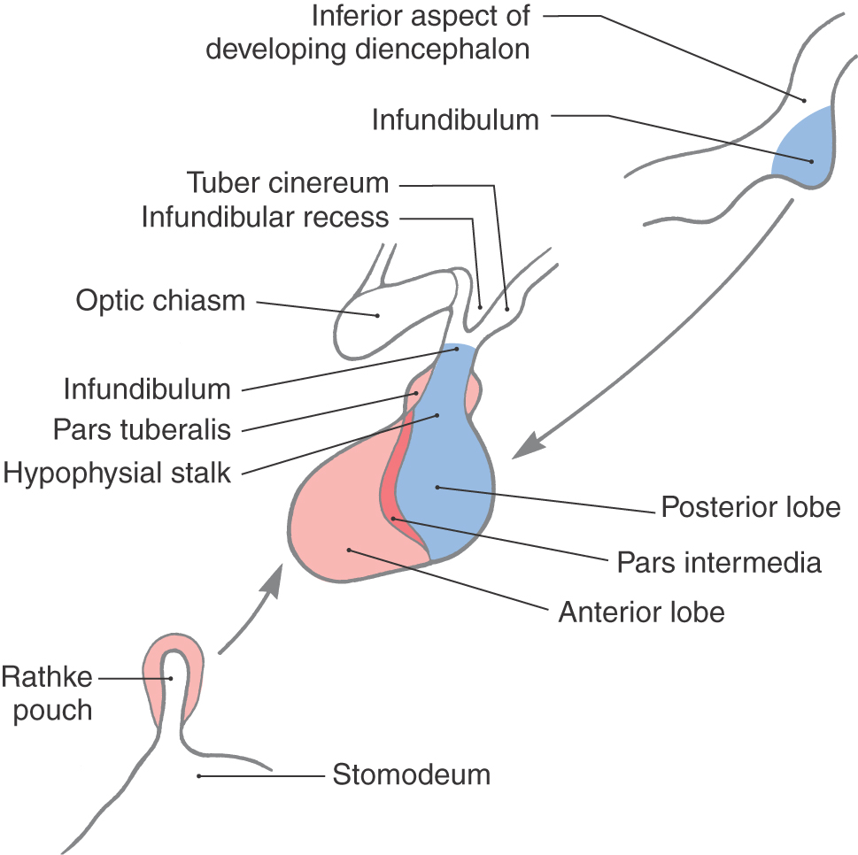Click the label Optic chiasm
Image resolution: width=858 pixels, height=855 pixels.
click(160, 300)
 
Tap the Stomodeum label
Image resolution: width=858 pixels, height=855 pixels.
click(411, 775)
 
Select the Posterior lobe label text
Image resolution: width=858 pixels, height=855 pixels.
click(750, 508)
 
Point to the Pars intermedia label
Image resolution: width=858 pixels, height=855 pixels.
click(718, 562)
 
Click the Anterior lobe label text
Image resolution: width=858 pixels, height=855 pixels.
click(641, 612)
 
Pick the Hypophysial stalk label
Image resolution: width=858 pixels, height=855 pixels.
click(117, 473)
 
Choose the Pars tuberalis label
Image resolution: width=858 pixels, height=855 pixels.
click(142, 430)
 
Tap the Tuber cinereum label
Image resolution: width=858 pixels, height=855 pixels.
click(288, 183)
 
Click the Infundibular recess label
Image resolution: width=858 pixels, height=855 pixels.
click(265, 218)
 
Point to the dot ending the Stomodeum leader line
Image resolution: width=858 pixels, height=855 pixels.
click(199, 776)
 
